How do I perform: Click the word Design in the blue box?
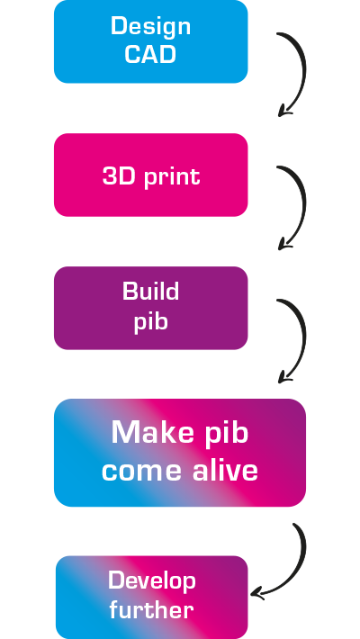pos(151,27)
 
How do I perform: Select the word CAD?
pos(150,54)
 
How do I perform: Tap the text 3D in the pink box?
pos(119,176)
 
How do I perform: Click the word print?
pos(172,177)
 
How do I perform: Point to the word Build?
pos(151,291)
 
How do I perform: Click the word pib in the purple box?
pos(151,321)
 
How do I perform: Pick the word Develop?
pos(152,581)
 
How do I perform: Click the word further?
pos(151,609)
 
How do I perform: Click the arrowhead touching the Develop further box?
pos(256,593)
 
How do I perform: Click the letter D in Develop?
pos(116,580)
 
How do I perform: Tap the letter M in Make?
pos(124,432)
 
